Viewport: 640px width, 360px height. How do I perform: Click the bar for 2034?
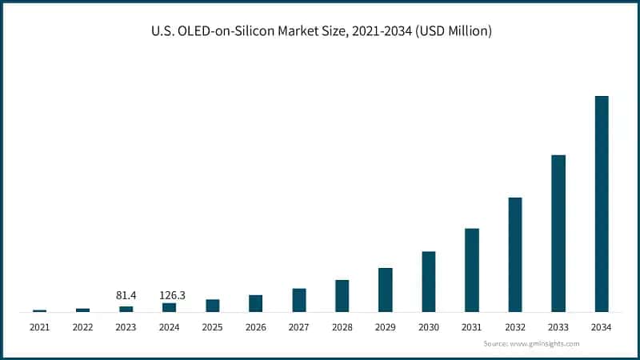pyautogui.click(x=602, y=204)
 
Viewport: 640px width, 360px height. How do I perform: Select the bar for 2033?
pyautogui.click(x=558, y=234)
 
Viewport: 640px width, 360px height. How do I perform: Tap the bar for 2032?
pyautogui.click(x=515, y=254)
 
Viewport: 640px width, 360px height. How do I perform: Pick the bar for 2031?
pyautogui.click(x=472, y=270)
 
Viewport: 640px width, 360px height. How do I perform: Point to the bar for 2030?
pyautogui.click(x=429, y=282)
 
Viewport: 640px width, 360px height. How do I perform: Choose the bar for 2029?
pyautogui.click(x=386, y=290)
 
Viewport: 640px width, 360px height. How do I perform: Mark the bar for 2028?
pyautogui.click(x=342, y=296)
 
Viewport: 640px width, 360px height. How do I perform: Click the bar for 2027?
pyautogui.click(x=299, y=300)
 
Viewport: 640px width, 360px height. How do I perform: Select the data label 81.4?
pyautogui.click(x=126, y=295)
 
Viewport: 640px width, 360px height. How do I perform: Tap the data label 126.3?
pyautogui.click(x=169, y=295)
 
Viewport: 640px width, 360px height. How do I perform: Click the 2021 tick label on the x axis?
pyautogui.click(x=39, y=327)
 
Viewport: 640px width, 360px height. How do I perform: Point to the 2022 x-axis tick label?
pyautogui.click(x=82, y=327)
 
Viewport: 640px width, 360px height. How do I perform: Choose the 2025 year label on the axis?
pyautogui.click(x=212, y=327)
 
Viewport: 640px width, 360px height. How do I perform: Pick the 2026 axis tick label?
pyautogui.click(x=255, y=327)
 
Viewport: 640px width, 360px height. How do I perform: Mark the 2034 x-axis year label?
pyautogui.click(x=602, y=327)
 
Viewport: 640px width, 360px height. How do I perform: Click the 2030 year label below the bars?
pyautogui.click(x=429, y=327)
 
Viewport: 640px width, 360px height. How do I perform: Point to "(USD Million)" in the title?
pyautogui.click(x=454, y=32)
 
